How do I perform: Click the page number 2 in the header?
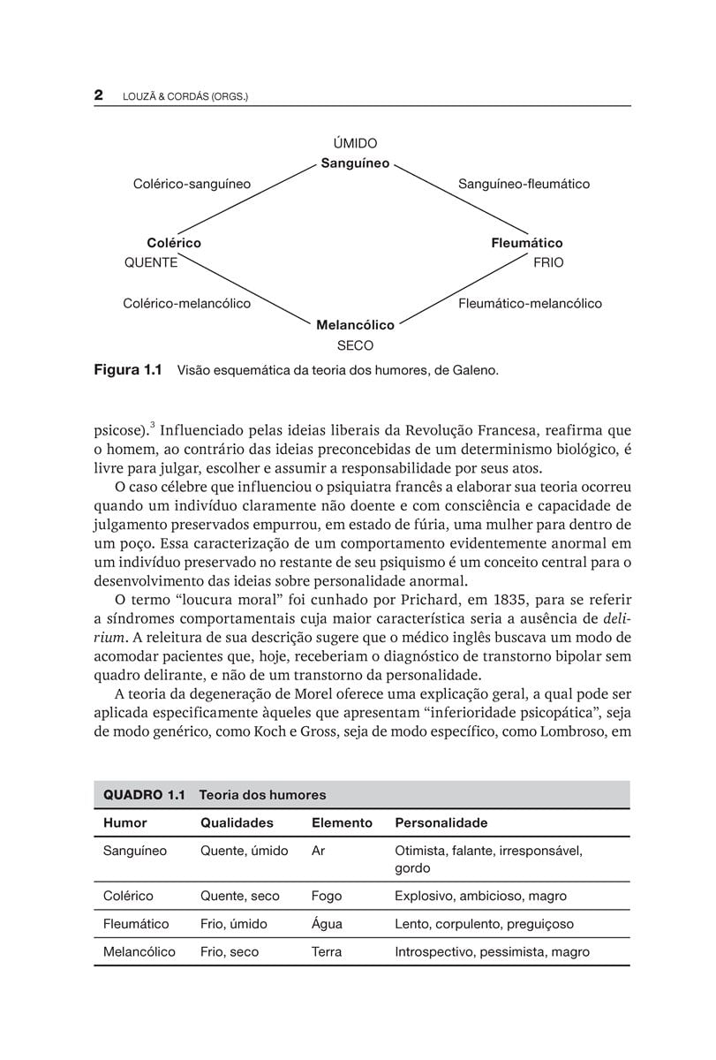coord(99,95)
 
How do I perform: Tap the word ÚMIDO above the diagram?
coord(355,143)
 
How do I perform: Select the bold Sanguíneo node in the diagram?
coord(355,163)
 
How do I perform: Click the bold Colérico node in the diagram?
coord(174,243)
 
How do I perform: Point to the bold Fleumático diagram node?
coord(527,243)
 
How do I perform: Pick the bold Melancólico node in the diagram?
coord(355,325)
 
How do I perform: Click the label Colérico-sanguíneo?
coord(192,185)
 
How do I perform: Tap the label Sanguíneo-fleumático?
coord(524,185)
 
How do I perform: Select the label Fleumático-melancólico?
coord(530,304)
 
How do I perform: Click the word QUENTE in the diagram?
coord(151,262)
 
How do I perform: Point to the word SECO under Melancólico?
coord(355,345)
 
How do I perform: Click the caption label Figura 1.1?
coord(128,371)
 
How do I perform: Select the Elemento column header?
coord(342,823)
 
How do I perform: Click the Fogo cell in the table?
coord(327,897)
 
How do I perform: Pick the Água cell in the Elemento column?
coord(327,924)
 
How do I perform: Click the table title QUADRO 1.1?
coord(144,795)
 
